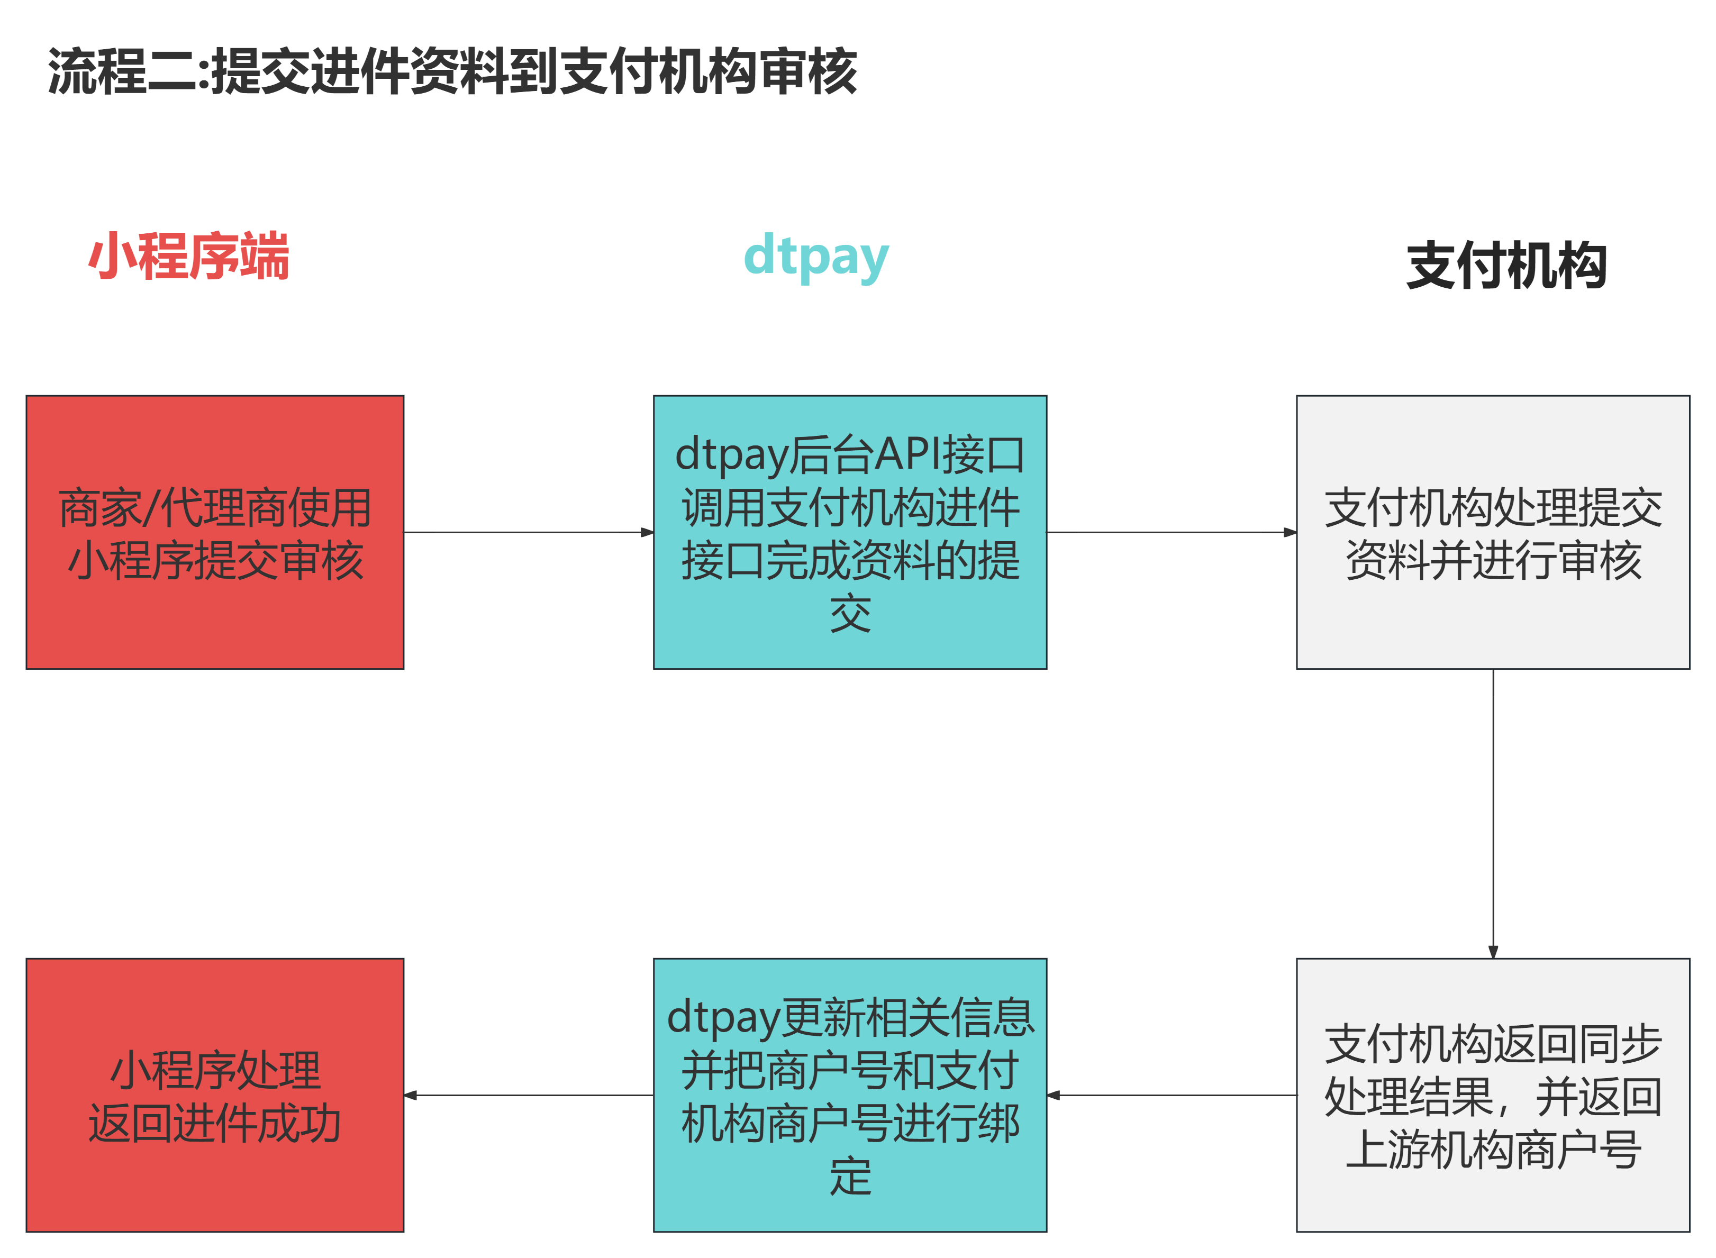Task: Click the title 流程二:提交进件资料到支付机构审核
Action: click(x=452, y=71)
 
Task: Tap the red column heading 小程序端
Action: click(x=189, y=257)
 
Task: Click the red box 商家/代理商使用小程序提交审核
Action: click(x=215, y=532)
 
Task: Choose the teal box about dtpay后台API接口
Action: click(x=850, y=532)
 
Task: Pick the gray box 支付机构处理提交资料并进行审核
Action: click(x=1493, y=532)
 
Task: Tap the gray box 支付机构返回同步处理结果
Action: click(x=1493, y=1095)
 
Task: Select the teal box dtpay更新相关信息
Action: click(x=850, y=1095)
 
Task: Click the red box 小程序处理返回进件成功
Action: click(x=215, y=1095)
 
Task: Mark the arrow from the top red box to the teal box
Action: click(x=529, y=532)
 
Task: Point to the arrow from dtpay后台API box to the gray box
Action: click(x=1172, y=532)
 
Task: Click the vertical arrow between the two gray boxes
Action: click(x=1493, y=813)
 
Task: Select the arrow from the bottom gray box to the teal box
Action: click(x=1172, y=1095)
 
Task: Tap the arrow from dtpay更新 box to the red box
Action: click(x=529, y=1095)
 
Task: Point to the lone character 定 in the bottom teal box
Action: click(x=850, y=1176)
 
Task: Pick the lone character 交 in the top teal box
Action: click(x=850, y=614)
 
